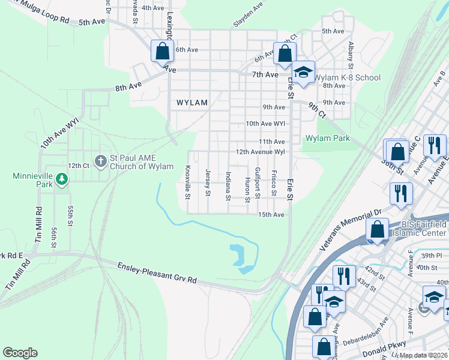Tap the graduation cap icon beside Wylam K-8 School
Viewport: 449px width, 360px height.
[304, 72]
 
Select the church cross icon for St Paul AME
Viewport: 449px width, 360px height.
[100, 161]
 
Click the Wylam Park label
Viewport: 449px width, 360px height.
[327, 138]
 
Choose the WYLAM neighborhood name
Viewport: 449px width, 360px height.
[192, 103]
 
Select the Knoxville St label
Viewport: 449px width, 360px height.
[188, 182]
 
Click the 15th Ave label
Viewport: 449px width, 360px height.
[271, 214]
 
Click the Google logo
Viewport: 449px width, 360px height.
[20, 352]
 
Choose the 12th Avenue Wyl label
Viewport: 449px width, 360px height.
[260, 152]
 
